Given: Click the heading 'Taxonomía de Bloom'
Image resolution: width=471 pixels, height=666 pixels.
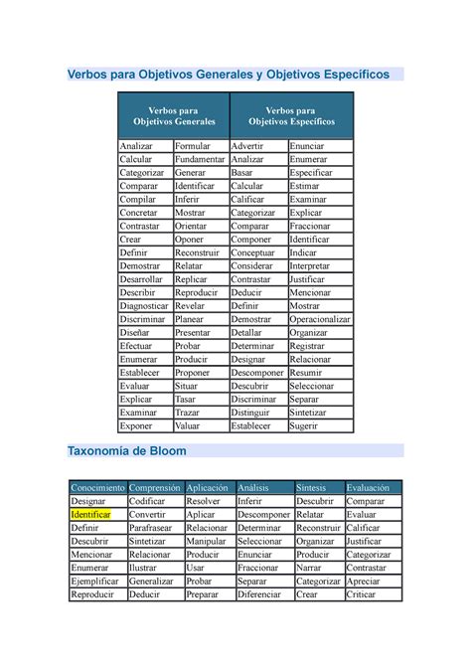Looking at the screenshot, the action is click(x=125, y=450).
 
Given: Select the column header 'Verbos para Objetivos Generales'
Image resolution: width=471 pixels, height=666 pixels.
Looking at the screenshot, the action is click(x=173, y=115).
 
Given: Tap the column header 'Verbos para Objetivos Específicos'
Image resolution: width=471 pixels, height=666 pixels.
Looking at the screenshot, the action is click(x=291, y=115).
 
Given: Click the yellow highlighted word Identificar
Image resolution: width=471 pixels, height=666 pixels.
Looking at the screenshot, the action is click(x=90, y=515).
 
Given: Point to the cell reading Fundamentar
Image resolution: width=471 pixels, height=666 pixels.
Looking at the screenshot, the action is click(x=200, y=159).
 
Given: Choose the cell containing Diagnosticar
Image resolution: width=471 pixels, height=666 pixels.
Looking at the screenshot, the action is click(x=144, y=306).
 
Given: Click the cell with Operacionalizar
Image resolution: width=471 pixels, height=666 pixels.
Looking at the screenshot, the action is click(x=320, y=319).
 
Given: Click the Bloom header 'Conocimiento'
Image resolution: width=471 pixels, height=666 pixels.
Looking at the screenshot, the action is click(x=97, y=488).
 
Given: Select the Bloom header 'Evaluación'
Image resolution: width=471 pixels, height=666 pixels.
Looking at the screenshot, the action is click(x=368, y=488).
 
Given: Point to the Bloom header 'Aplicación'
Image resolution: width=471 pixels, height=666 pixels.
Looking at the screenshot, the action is click(x=207, y=488).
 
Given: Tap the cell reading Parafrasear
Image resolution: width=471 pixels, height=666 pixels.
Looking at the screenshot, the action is click(x=155, y=528).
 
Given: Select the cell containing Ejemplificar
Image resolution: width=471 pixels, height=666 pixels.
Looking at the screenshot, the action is click(x=95, y=581).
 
